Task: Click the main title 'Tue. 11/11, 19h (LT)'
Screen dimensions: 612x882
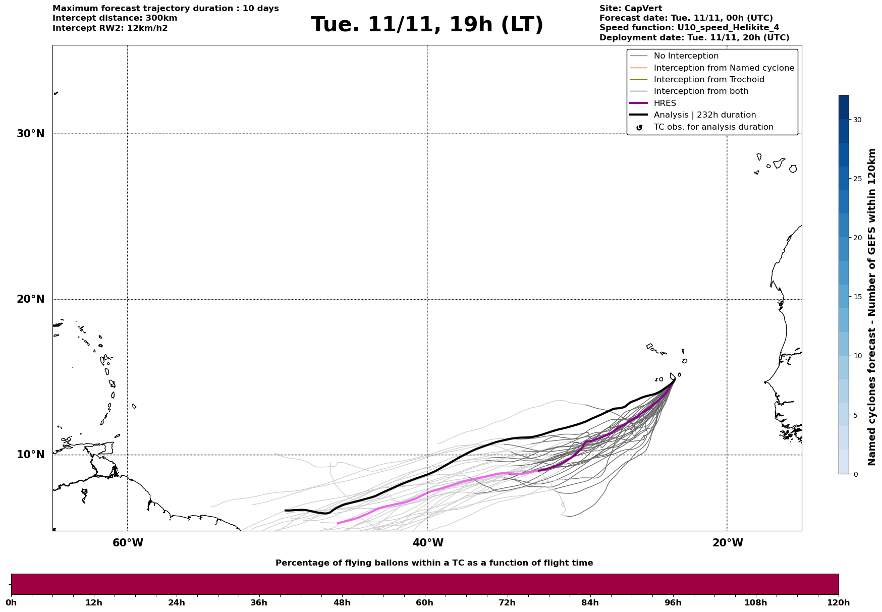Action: [427, 25]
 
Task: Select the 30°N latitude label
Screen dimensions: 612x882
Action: [31, 134]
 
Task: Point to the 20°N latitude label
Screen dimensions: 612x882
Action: [31, 299]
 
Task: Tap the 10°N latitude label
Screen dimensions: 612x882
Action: [31, 455]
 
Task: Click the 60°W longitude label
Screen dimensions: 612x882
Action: [128, 543]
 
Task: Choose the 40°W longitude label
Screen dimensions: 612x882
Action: [428, 543]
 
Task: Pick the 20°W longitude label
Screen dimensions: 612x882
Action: [728, 543]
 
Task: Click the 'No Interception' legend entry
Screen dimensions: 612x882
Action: [686, 56]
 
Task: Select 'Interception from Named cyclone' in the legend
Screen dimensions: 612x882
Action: [724, 68]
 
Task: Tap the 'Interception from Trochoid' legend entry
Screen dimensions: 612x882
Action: [708, 80]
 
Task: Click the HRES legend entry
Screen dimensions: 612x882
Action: [665, 103]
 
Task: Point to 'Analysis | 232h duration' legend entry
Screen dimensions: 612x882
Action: [704, 115]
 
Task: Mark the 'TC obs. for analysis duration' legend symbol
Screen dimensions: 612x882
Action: [639, 128]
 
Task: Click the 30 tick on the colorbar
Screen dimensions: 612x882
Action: [857, 120]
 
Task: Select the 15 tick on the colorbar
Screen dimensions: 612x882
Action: [857, 297]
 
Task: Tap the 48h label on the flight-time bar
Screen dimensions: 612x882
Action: [342, 603]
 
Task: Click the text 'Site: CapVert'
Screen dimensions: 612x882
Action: [630, 9]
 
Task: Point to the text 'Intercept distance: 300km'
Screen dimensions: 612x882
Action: [115, 18]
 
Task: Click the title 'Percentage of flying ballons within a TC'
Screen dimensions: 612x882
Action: [434, 563]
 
